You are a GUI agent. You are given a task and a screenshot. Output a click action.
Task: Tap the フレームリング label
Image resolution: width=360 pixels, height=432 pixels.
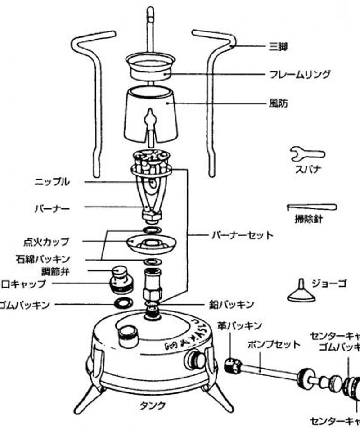tap(300, 74)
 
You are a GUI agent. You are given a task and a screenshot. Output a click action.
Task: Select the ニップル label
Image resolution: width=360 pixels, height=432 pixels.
tap(53, 182)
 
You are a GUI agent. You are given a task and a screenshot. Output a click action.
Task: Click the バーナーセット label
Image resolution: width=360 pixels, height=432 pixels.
tap(242, 235)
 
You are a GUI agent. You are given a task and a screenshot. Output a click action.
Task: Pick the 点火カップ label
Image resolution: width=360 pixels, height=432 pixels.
tap(46, 242)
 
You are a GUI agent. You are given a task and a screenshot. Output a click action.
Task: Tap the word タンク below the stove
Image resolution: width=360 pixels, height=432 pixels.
tap(152, 405)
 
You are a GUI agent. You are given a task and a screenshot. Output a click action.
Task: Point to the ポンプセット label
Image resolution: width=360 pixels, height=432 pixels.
tap(274, 345)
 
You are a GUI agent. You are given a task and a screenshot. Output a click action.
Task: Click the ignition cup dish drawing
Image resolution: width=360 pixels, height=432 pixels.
tap(151, 245)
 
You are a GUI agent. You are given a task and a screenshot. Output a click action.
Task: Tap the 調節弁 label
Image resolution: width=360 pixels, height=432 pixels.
tap(55, 271)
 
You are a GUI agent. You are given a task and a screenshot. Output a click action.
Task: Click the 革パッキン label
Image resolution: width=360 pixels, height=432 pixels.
tap(240, 325)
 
